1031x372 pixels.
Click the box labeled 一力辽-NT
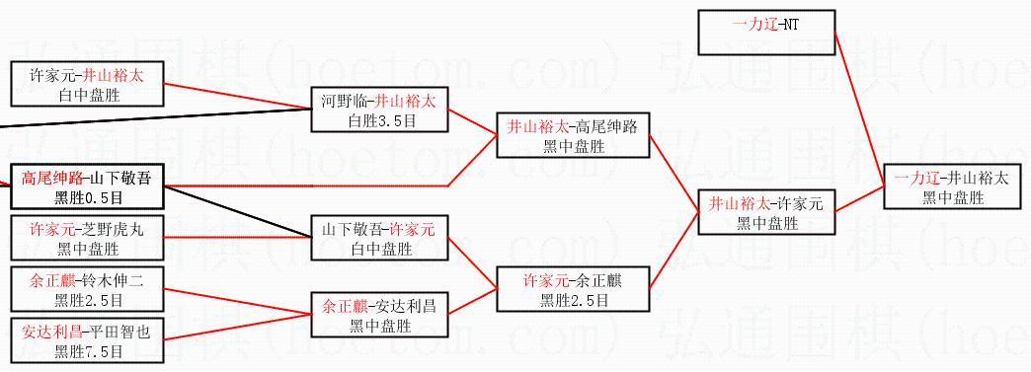tap(766, 33)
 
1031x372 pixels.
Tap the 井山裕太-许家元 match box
tap(766, 212)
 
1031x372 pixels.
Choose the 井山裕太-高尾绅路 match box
tap(572, 135)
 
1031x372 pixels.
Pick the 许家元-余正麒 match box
tap(572, 288)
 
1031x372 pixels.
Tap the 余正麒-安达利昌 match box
tap(379, 315)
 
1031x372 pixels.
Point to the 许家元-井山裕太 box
tap(87, 84)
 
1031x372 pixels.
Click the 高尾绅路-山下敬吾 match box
tap(87, 186)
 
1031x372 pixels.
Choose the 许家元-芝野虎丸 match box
tap(87, 238)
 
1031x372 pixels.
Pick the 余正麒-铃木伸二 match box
tap(87, 289)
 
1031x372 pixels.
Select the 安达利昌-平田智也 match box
tap(87, 340)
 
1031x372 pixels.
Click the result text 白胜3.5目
tap(380, 120)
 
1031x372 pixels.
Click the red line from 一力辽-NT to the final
tap(859, 110)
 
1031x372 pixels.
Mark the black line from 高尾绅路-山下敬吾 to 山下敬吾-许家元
tap(237, 211)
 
